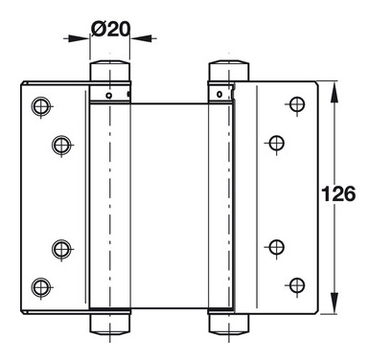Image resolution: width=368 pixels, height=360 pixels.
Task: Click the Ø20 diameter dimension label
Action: coord(111,29)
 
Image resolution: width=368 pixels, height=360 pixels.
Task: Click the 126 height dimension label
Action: coord(338,193)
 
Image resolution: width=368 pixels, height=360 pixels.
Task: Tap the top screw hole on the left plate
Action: coord(41,105)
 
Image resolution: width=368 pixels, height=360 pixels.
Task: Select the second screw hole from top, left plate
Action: coord(61,145)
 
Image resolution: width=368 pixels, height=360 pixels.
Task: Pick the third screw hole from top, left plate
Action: coord(61,248)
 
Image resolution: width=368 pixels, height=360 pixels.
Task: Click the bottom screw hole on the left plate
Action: coord(41,286)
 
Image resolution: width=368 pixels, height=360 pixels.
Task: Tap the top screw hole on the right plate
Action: coord(297,103)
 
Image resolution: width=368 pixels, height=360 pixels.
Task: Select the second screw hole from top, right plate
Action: coord(277,143)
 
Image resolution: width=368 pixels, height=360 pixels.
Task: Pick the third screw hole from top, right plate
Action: coord(277,246)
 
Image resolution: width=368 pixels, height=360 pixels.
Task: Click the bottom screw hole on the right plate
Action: coord(297,284)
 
